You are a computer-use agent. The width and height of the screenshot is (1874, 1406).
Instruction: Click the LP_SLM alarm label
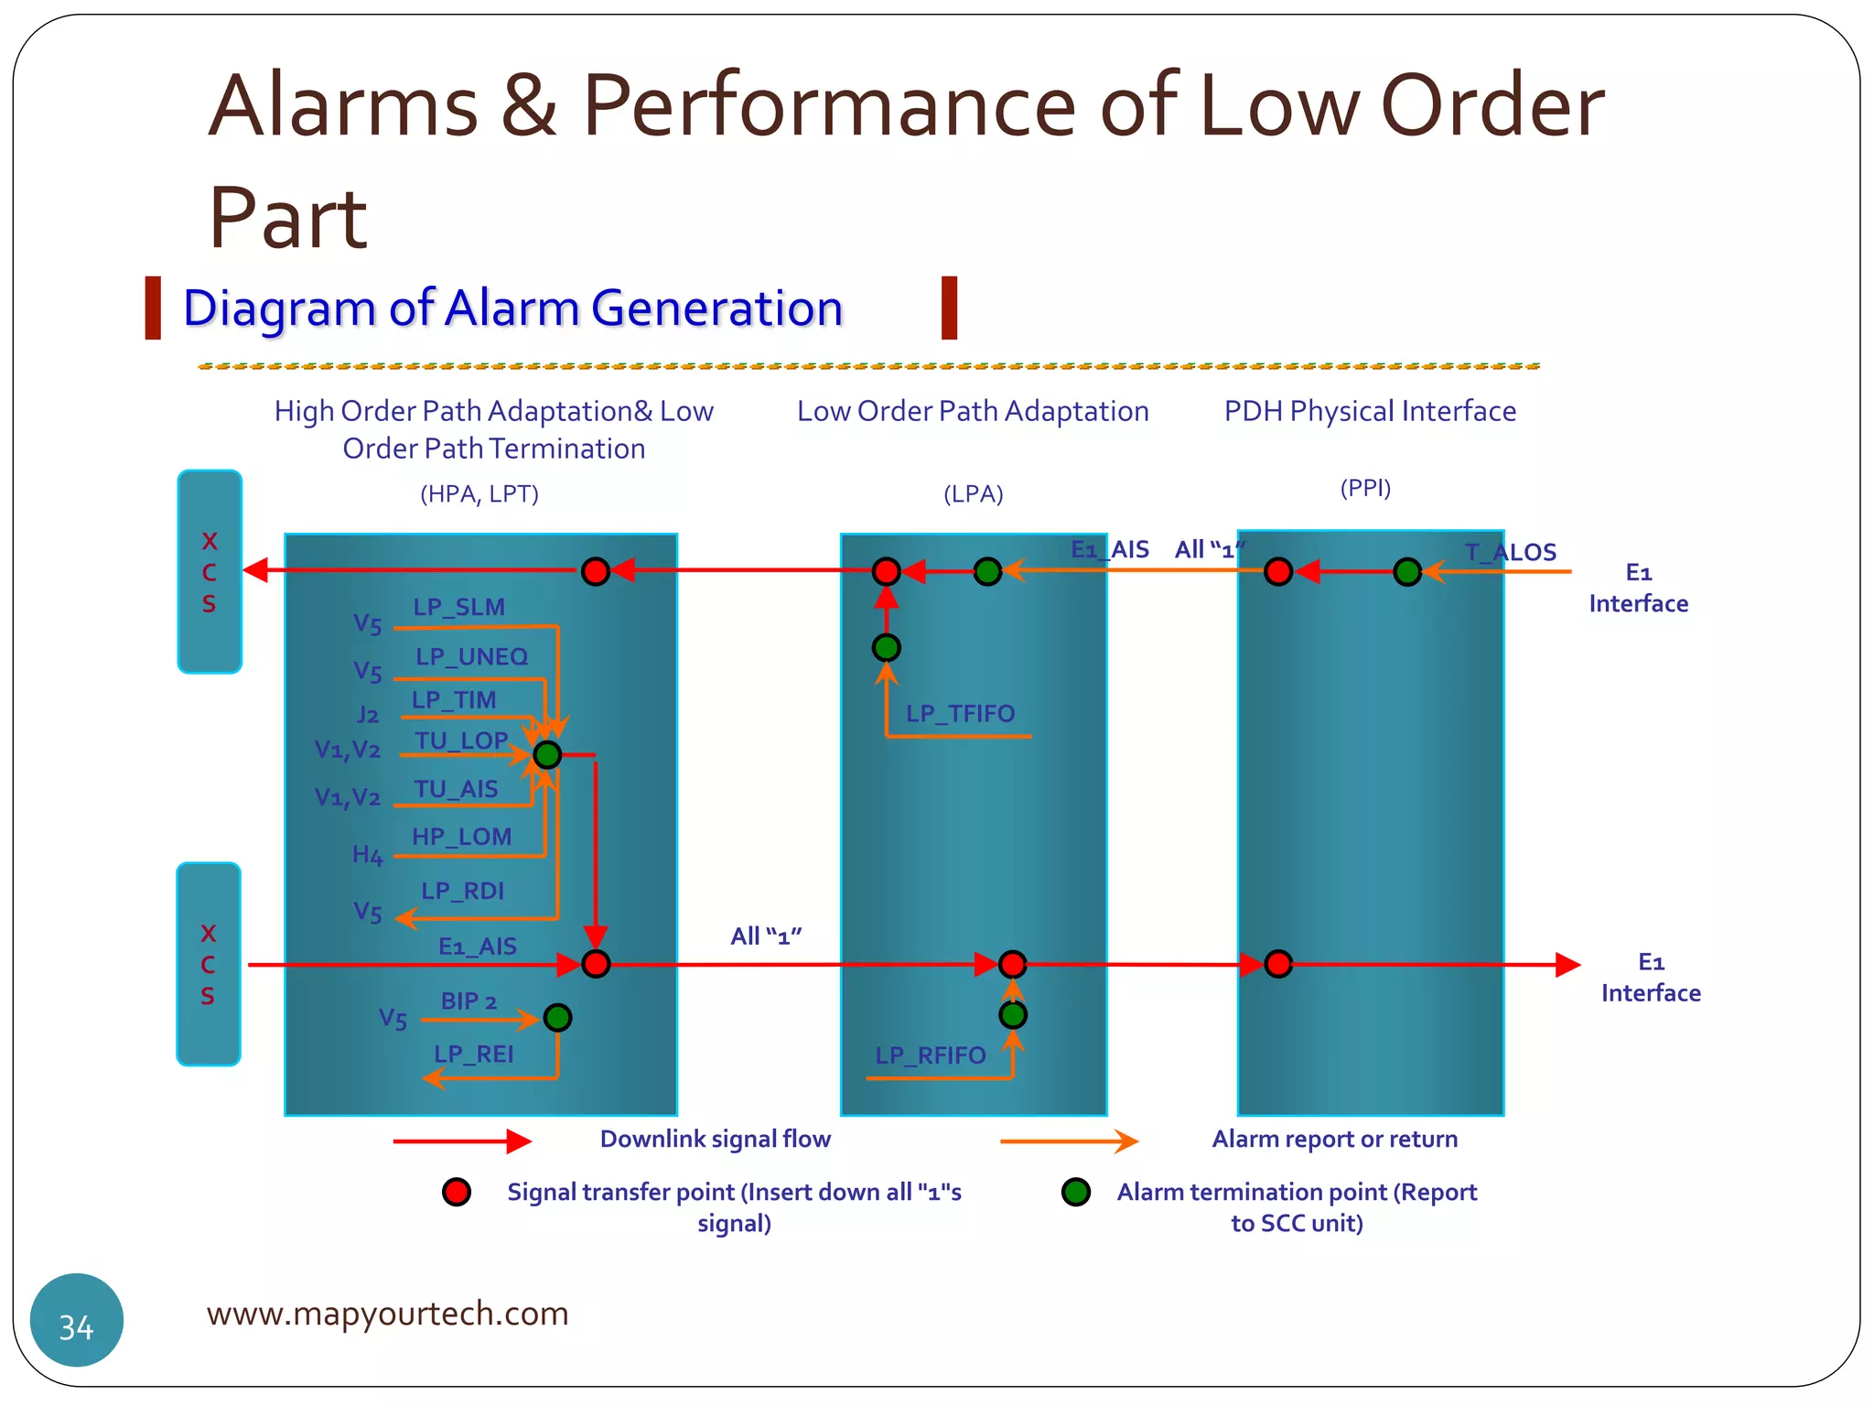tap(458, 607)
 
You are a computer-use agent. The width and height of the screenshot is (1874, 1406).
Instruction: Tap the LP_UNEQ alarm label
tap(471, 656)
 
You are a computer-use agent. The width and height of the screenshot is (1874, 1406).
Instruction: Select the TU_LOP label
tap(461, 741)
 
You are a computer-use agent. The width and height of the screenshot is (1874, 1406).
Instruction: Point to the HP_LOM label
tap(461, 837)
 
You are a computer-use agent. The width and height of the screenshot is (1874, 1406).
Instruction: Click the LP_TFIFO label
tap(960, 713)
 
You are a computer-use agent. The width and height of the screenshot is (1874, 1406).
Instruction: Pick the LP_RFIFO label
tap(930, 1055)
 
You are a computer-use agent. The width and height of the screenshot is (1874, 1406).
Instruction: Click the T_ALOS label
tap(1510, 552)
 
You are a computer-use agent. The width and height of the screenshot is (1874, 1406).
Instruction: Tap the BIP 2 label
tap(468, 1000)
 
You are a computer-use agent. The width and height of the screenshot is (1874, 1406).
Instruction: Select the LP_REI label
tap(473, 1054)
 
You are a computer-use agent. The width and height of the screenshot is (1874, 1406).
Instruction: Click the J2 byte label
tap(367, 714)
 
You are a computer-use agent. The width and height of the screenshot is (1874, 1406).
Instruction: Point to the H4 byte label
tap(367, 855)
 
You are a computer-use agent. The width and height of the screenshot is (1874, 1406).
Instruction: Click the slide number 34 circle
tap(77, 1320)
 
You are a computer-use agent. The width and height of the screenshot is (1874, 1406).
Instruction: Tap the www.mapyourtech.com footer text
tap(387, 1314)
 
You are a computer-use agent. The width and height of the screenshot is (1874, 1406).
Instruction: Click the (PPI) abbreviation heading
tap(1365, 488)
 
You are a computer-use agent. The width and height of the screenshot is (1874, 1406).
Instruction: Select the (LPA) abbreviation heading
tap(973, 494)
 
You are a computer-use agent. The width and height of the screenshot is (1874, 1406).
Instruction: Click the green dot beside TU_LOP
tap(547, 755)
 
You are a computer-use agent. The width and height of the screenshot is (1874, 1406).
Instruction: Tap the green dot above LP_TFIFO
tap(886, 648)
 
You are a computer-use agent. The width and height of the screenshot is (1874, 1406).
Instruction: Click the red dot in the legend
tap(457, 1192)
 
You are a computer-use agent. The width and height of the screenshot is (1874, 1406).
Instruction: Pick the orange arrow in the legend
tap(1068, 1141)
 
